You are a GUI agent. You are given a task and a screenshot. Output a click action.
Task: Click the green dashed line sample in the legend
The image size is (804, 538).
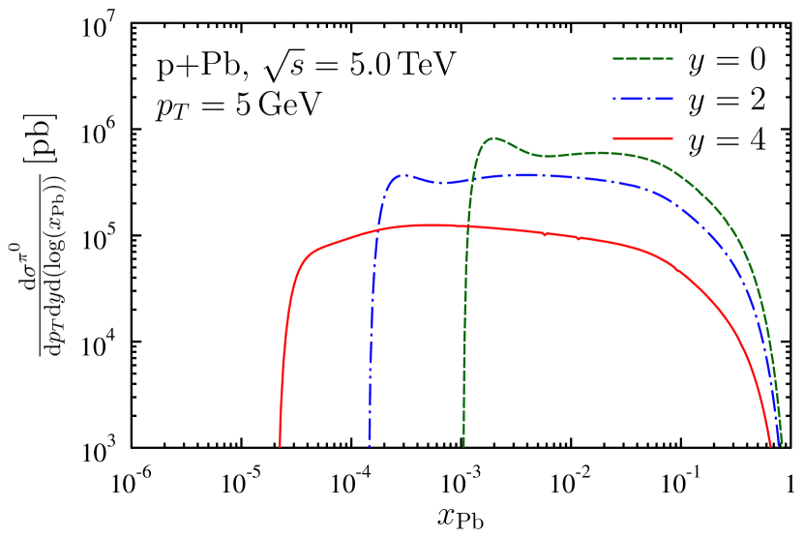[642, 59]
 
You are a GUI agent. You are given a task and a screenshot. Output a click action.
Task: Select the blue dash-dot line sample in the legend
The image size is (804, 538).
[642, 99]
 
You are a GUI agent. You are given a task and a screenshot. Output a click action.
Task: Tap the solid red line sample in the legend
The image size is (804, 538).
[642, 138]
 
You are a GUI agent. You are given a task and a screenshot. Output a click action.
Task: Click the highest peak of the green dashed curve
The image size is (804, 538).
[494, 137]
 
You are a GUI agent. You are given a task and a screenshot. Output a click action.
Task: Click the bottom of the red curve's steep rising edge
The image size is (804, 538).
[280, 446]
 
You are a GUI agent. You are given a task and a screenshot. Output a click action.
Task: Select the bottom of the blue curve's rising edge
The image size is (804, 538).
[370, 446]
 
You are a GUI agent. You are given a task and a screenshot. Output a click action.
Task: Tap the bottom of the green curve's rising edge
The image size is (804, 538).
[463, 446]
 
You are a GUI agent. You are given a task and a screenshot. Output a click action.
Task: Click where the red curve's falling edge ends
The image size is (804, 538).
[771, 446]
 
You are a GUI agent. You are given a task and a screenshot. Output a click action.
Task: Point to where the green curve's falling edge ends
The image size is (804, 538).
[782, 446]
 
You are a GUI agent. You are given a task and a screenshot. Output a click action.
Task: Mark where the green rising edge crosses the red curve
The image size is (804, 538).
[468, 227]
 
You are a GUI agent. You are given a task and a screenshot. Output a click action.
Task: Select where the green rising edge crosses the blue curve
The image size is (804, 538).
[471, 180]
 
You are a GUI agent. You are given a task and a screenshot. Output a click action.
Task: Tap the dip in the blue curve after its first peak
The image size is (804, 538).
[441, 183]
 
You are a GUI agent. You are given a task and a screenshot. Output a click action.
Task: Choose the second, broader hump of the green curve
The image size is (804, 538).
[600, 152]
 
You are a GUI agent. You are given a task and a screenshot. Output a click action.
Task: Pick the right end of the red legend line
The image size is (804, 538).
[671, 138]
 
